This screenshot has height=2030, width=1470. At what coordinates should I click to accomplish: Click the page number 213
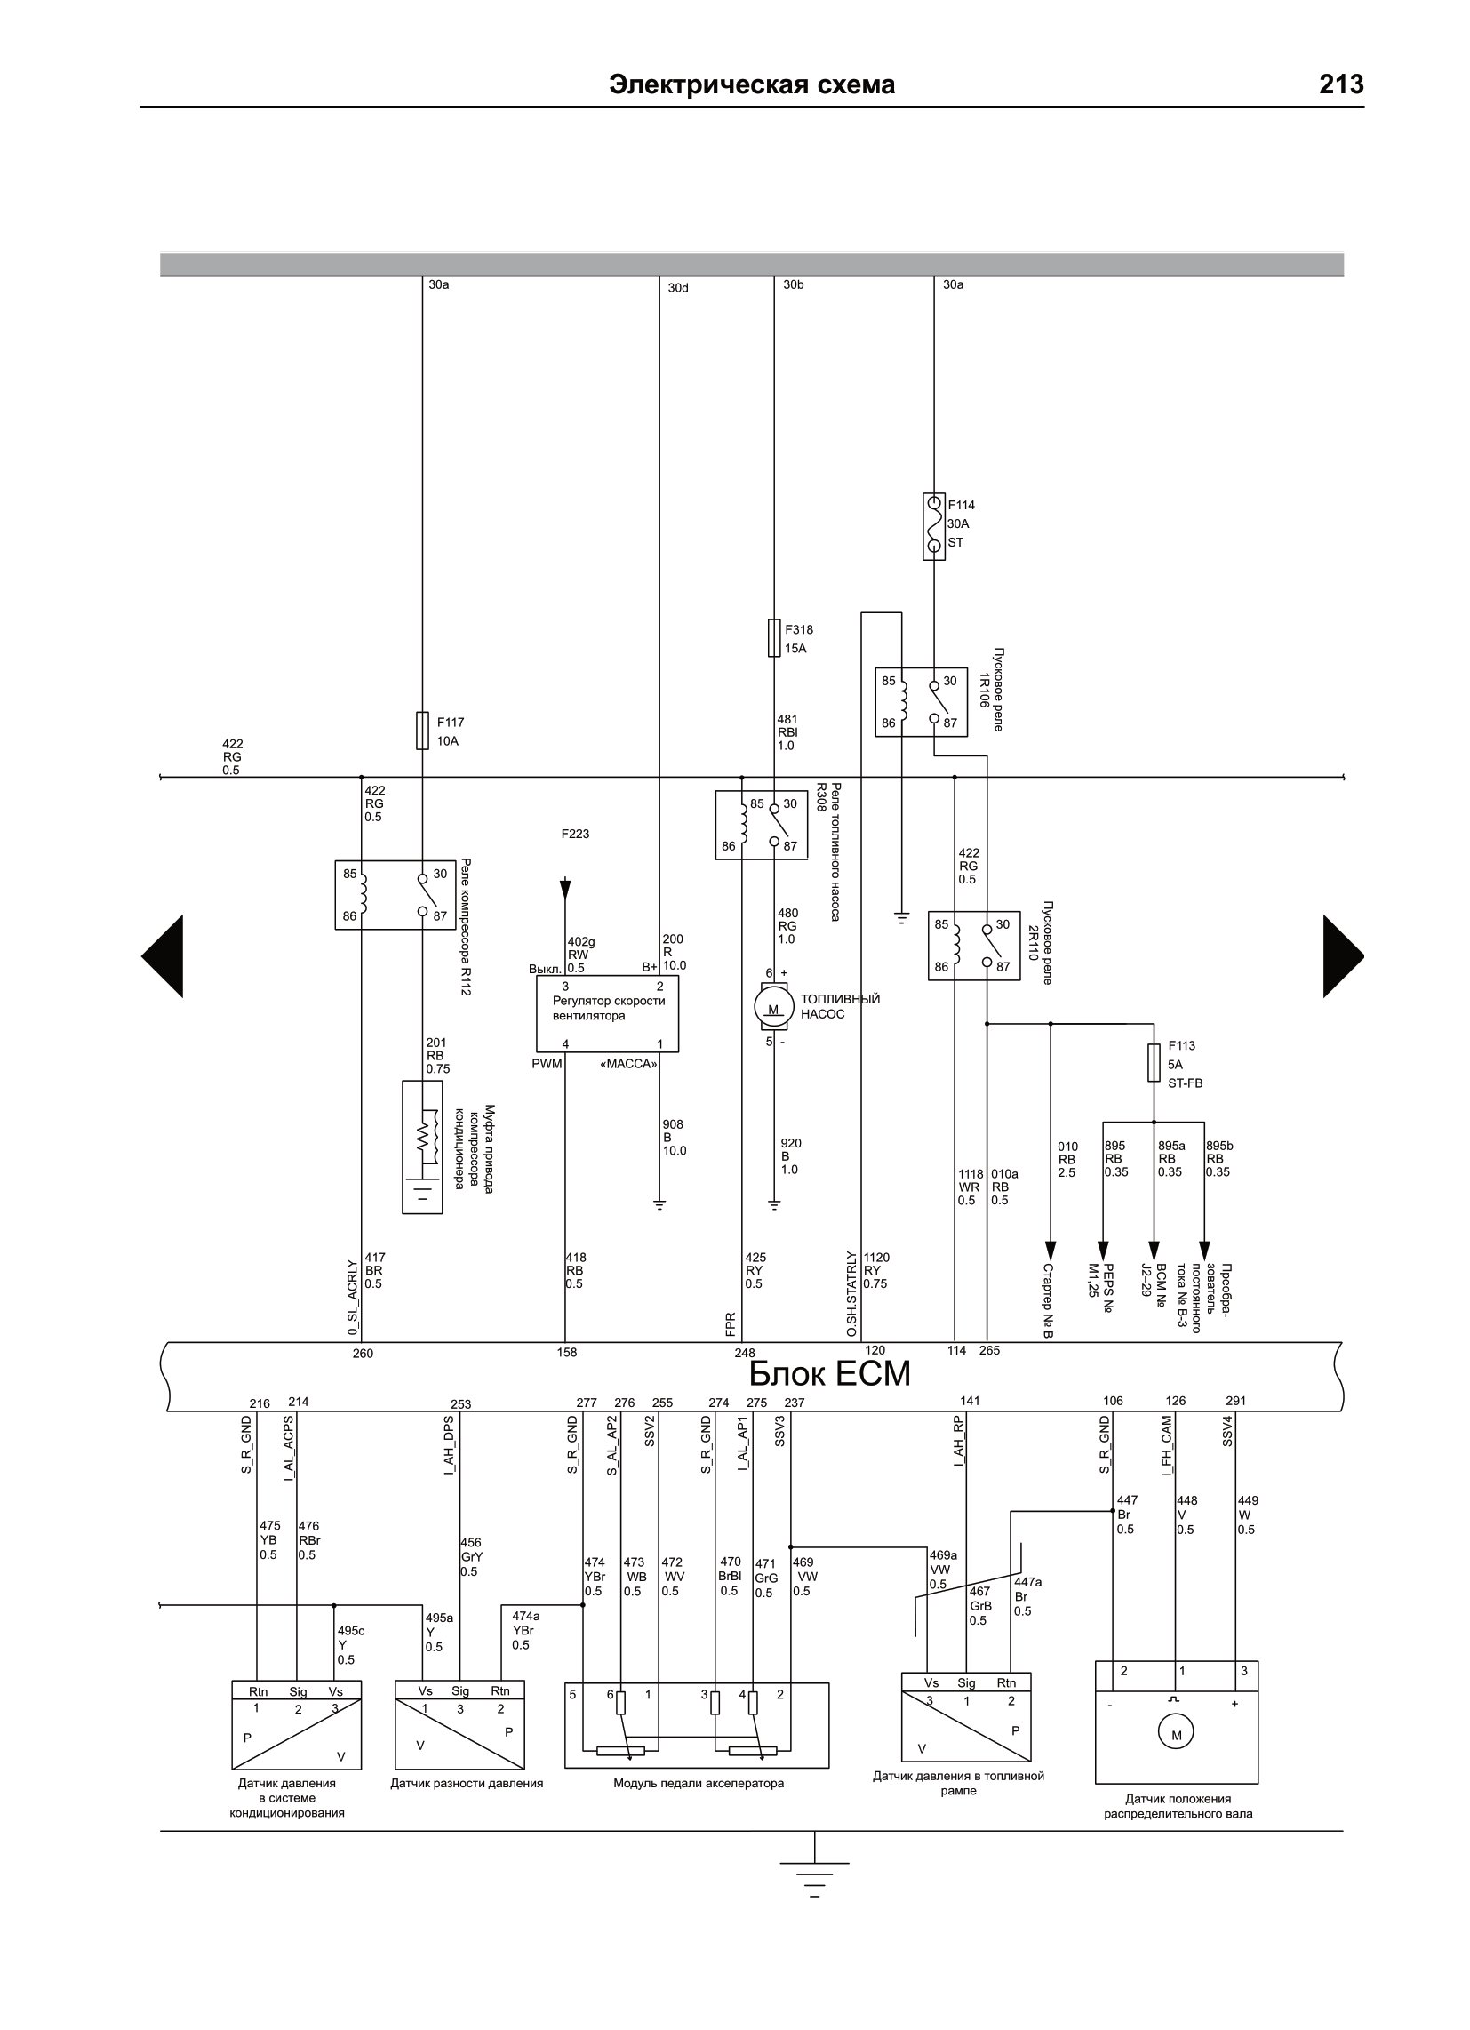[1340, 84]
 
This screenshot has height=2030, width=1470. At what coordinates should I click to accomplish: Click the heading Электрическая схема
[752, 85]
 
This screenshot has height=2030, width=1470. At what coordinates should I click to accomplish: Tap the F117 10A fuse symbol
[422, 731]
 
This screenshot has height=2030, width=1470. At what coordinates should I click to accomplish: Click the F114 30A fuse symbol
[934, 526]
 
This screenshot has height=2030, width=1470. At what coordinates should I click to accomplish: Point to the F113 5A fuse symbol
[1154, 1062]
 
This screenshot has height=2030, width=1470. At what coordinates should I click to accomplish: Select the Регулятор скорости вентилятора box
[608, 1014]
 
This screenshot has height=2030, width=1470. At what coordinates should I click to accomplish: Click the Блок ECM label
[829, 1373]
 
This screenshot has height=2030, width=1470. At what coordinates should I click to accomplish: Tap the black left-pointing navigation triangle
[162, 956]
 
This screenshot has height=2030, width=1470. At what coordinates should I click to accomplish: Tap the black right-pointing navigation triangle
[1344, 956]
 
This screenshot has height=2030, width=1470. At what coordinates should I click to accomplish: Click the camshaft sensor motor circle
[1177, 1735]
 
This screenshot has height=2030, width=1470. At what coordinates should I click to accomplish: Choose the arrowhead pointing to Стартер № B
[1051, 1250]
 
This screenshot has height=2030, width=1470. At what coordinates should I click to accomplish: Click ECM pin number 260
[363, 1354]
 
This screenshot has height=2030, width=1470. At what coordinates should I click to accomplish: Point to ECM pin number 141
[971, 1401]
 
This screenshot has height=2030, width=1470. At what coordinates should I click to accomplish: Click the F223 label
[576, 835]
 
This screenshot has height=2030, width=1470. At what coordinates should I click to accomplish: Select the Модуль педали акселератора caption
[699, 1784]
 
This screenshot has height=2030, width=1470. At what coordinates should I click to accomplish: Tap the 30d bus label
[679, 288]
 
